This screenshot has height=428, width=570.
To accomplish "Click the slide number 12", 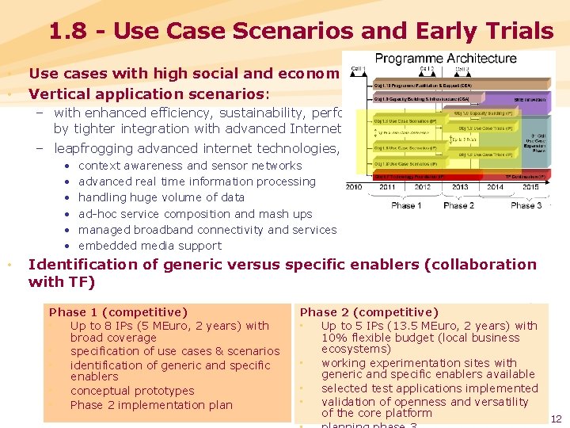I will pos(556,418).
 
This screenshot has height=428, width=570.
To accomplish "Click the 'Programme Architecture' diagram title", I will pos(445,58).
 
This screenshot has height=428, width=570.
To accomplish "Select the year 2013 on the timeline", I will pos(459,188).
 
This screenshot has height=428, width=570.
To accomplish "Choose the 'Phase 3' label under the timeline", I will pos(526,205).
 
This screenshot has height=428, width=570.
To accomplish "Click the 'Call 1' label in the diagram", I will pos(358,69).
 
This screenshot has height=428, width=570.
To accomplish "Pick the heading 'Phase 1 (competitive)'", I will pos(118,312).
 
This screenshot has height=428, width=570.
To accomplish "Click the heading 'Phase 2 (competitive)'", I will pos(369,312).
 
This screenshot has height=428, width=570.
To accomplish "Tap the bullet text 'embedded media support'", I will pos(150,246).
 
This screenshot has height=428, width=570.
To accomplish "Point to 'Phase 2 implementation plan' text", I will pos(151,405).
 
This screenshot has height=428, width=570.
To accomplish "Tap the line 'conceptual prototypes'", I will pos(132,391).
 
